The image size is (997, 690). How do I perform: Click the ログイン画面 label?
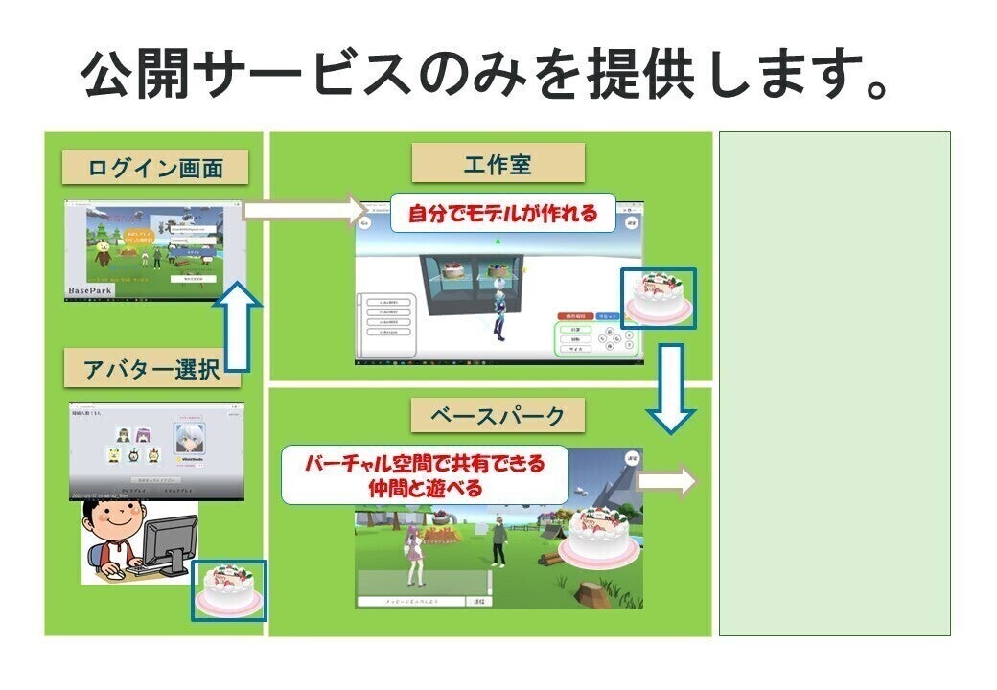pyautogui.click(x=155, y=168)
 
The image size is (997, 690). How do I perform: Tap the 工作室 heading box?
pyautogui.click(x=498, y=163)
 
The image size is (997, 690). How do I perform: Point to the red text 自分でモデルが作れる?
pyautogui.click(x=502, y=214)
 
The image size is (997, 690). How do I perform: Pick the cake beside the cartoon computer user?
pyautogui.click(x=228, y=590)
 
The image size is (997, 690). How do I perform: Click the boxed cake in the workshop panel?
pyautogui.click(x=658, y=296)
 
